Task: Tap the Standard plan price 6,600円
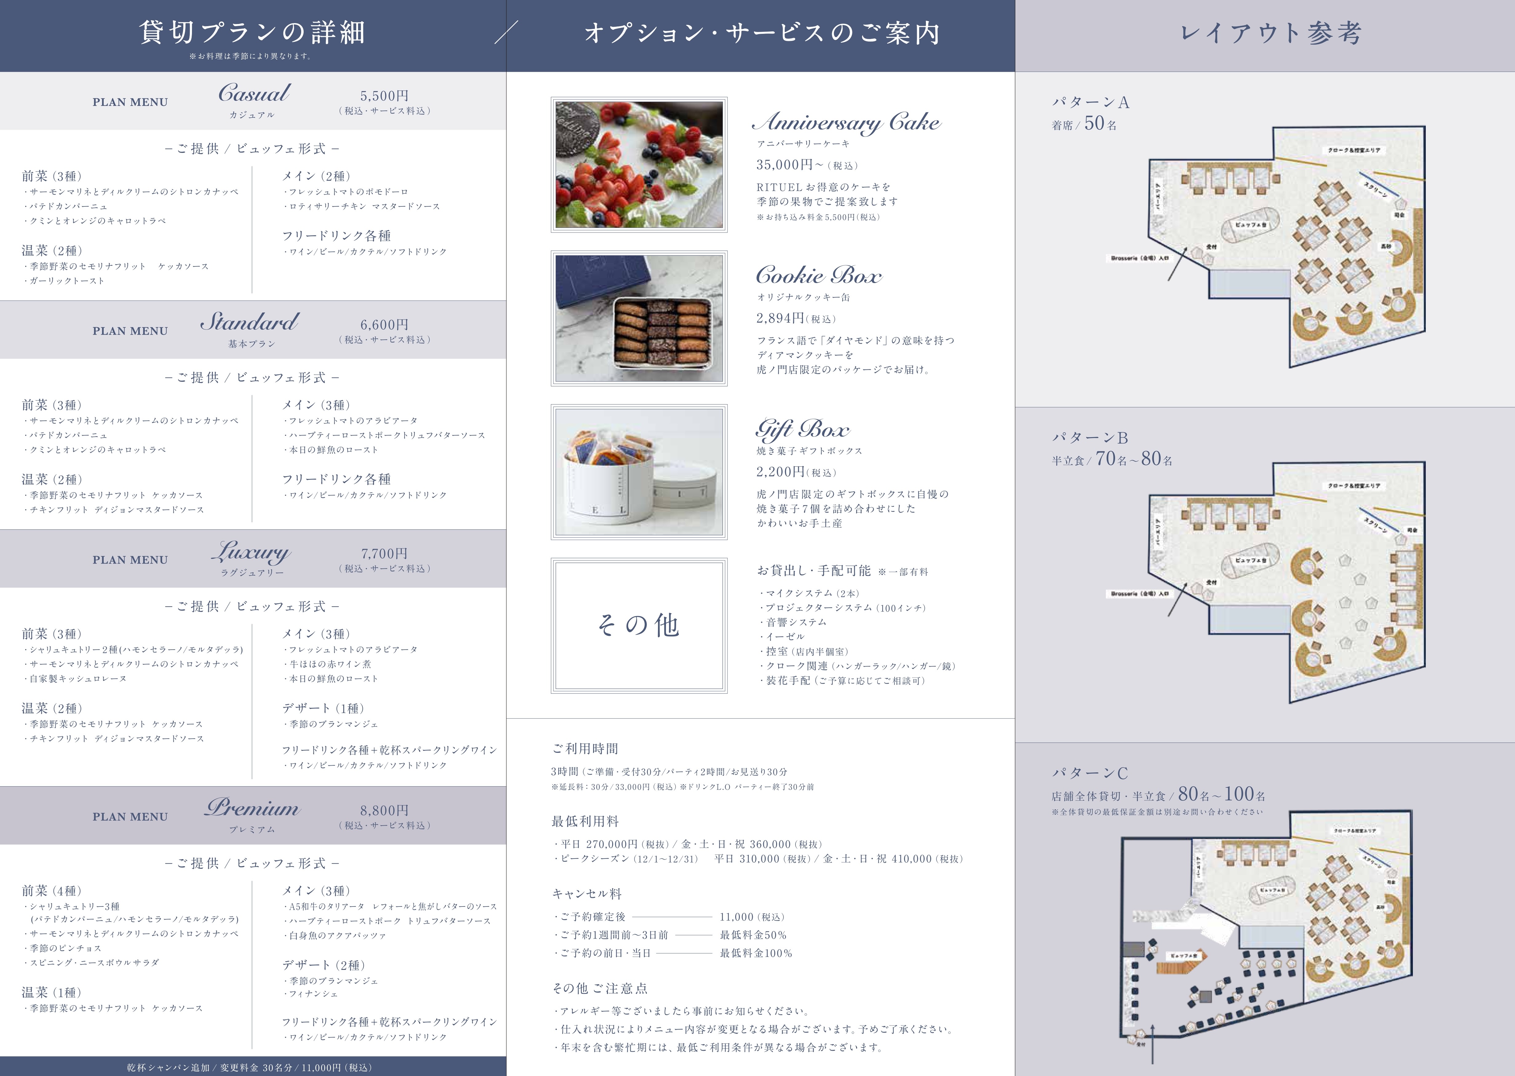click(384, 325)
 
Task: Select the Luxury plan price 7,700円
click(384, 553)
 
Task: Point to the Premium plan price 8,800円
click(384, 810)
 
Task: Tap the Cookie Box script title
click(819, 275)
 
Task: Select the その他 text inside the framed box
click(639, 625)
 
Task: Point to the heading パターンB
click(1090, 437)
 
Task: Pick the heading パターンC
click(1090, 772)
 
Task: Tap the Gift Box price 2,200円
click(780, 472)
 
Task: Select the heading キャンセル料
click(587, 894)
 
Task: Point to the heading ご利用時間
click(585, 749)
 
